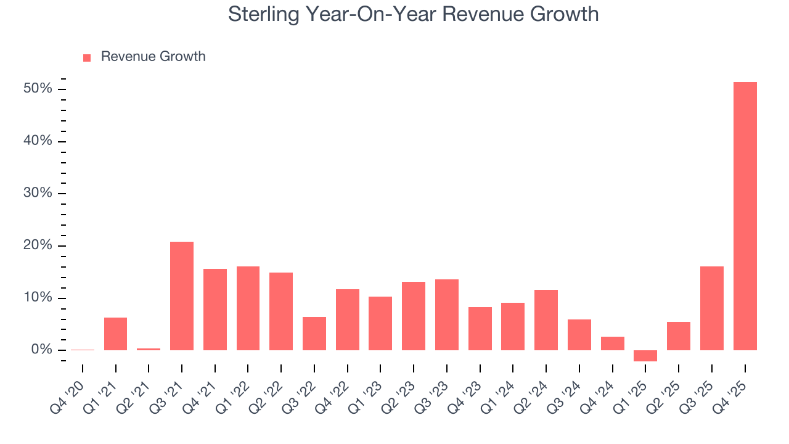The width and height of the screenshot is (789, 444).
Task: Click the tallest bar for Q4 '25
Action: [745, 216]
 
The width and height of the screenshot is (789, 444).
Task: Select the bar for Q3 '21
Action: [182, 296]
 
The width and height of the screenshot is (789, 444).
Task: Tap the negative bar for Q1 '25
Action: [645, 356]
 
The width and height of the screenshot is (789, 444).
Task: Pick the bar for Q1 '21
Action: [115, 334]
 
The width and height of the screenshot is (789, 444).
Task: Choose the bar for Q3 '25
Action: [712, 308]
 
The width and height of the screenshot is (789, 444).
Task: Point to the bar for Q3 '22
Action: [314, 334]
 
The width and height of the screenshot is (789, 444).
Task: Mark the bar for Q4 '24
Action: [612, 343]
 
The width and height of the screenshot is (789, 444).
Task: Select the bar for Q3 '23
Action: [447, 314]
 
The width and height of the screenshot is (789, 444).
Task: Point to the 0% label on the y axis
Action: [41, 350]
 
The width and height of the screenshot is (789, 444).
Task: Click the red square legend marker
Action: [87, 57]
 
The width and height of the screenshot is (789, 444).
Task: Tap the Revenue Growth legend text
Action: [153, 57]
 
